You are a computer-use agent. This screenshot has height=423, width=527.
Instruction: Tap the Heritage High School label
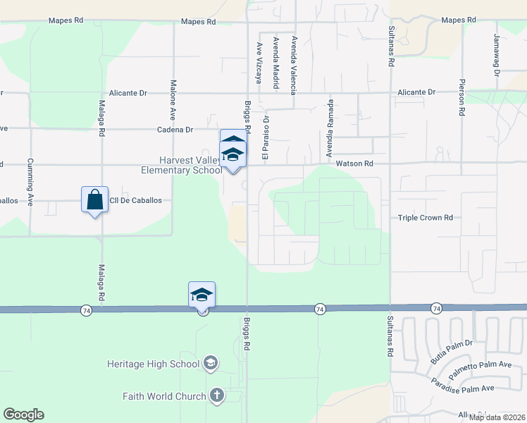tap(153, 364)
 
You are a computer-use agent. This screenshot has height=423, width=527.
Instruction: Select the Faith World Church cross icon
tap(217, 396)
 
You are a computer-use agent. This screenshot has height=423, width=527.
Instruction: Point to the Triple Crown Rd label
tap(425, 218)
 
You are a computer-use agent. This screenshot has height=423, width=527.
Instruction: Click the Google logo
tap(23, 415)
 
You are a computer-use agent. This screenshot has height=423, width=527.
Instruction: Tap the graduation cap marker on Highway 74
tap(201, 295)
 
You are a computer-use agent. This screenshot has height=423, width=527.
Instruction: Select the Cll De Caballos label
tap(135, 200)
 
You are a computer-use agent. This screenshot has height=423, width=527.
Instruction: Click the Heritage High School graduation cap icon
tap(209, 364)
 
